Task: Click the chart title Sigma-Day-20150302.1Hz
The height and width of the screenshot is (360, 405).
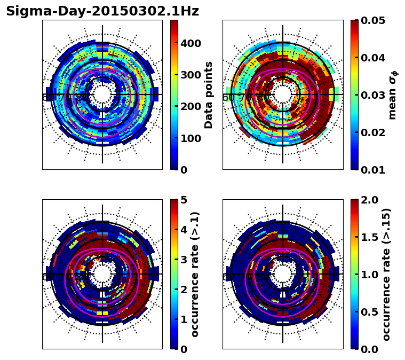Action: [102, 11]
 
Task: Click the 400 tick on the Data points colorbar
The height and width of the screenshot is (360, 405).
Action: [190, 43]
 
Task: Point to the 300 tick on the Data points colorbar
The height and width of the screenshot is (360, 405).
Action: [190, 75]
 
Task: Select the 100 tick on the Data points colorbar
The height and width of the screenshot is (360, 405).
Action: [190, 138]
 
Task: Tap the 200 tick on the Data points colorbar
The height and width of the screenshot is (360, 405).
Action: [190, 107]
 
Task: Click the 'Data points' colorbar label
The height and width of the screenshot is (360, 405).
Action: [209, 95]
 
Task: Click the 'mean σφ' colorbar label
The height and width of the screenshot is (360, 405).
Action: [393, 95]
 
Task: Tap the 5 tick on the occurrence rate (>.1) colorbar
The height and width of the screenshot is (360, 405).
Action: [183, 200]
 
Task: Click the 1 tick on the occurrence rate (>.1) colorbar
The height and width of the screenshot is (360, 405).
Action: [183, 319]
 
